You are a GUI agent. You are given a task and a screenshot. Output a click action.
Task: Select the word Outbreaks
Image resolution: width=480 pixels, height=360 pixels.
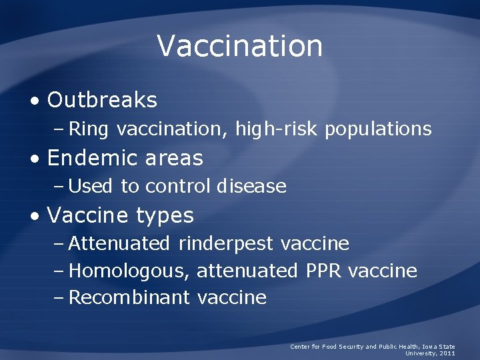[102, 101]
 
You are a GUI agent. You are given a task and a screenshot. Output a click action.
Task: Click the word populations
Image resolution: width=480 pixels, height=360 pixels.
[378, 129]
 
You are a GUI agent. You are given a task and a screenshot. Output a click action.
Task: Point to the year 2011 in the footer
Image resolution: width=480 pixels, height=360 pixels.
[446, 353]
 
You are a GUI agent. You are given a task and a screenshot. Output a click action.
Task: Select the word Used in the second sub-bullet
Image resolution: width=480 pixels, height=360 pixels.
[91, 187]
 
